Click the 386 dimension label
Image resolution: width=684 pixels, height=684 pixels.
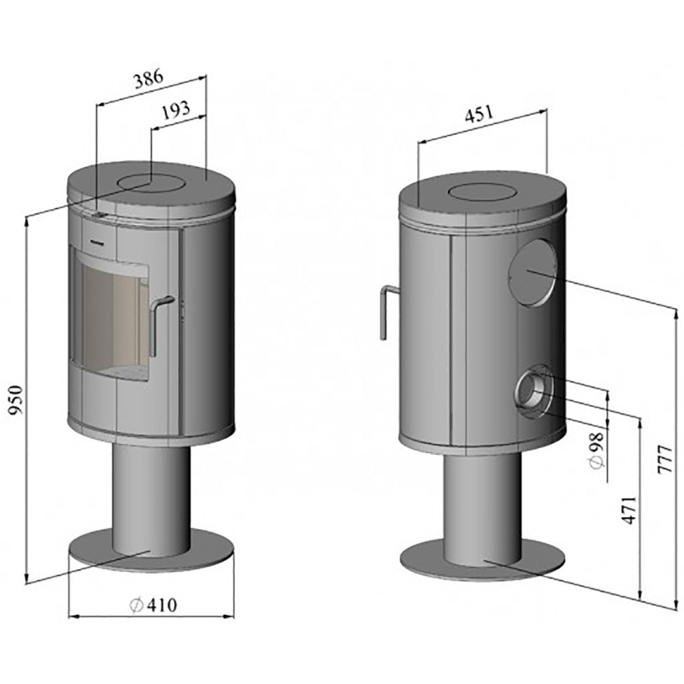tap(148, 78)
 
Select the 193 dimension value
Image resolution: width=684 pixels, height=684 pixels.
tap(175, 112)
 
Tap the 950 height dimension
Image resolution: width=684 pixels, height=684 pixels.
tap(15, 400)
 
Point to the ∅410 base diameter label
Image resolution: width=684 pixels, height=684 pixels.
tap(152, 605)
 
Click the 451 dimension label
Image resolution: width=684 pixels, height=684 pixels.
tap(478, 115)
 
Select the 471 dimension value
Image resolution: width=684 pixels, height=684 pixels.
tap(629, 510)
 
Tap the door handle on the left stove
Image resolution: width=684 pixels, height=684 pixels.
tap(159, 321)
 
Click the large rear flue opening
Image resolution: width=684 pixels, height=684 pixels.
tap(532, 272)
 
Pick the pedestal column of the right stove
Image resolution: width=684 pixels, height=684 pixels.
tap(482, 506)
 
